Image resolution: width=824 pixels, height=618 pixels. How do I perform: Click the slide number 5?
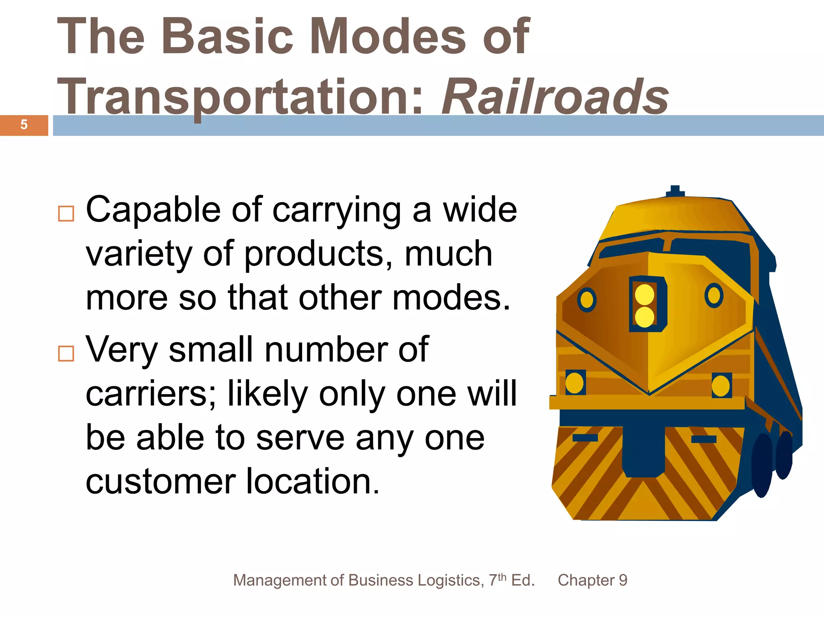[24, 125]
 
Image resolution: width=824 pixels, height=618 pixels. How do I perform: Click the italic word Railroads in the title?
[555, 97]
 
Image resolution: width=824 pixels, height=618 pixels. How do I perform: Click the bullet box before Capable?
[66, 214]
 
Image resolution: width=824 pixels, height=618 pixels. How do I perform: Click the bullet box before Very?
[66, 353]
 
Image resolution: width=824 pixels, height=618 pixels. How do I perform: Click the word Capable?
[153, 210]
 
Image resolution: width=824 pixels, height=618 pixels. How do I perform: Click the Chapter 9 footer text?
[592, 580]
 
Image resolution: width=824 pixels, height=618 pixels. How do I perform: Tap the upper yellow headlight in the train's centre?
[645, 294]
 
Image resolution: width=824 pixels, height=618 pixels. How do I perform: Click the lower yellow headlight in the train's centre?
[645, 317]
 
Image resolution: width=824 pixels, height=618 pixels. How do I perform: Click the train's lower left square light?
[575, 383]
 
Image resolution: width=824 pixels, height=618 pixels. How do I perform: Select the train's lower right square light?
[721, 386]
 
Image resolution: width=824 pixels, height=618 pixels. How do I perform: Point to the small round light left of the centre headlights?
[587, 299]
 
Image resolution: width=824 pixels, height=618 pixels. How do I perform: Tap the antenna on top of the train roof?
[675, 191]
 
